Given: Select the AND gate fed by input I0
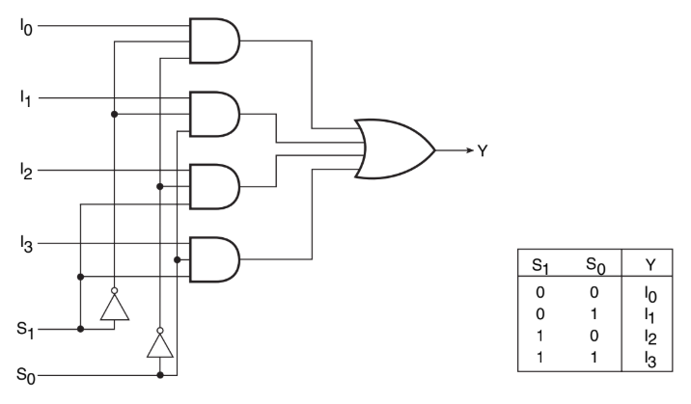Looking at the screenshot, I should coord(215,41).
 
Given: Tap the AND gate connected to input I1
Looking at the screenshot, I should coord(215,115).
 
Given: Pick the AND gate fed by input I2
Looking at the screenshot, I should coord(215,186).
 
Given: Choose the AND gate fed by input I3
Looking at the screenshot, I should coord(215,258).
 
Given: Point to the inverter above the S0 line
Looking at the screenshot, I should coord(158,343).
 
